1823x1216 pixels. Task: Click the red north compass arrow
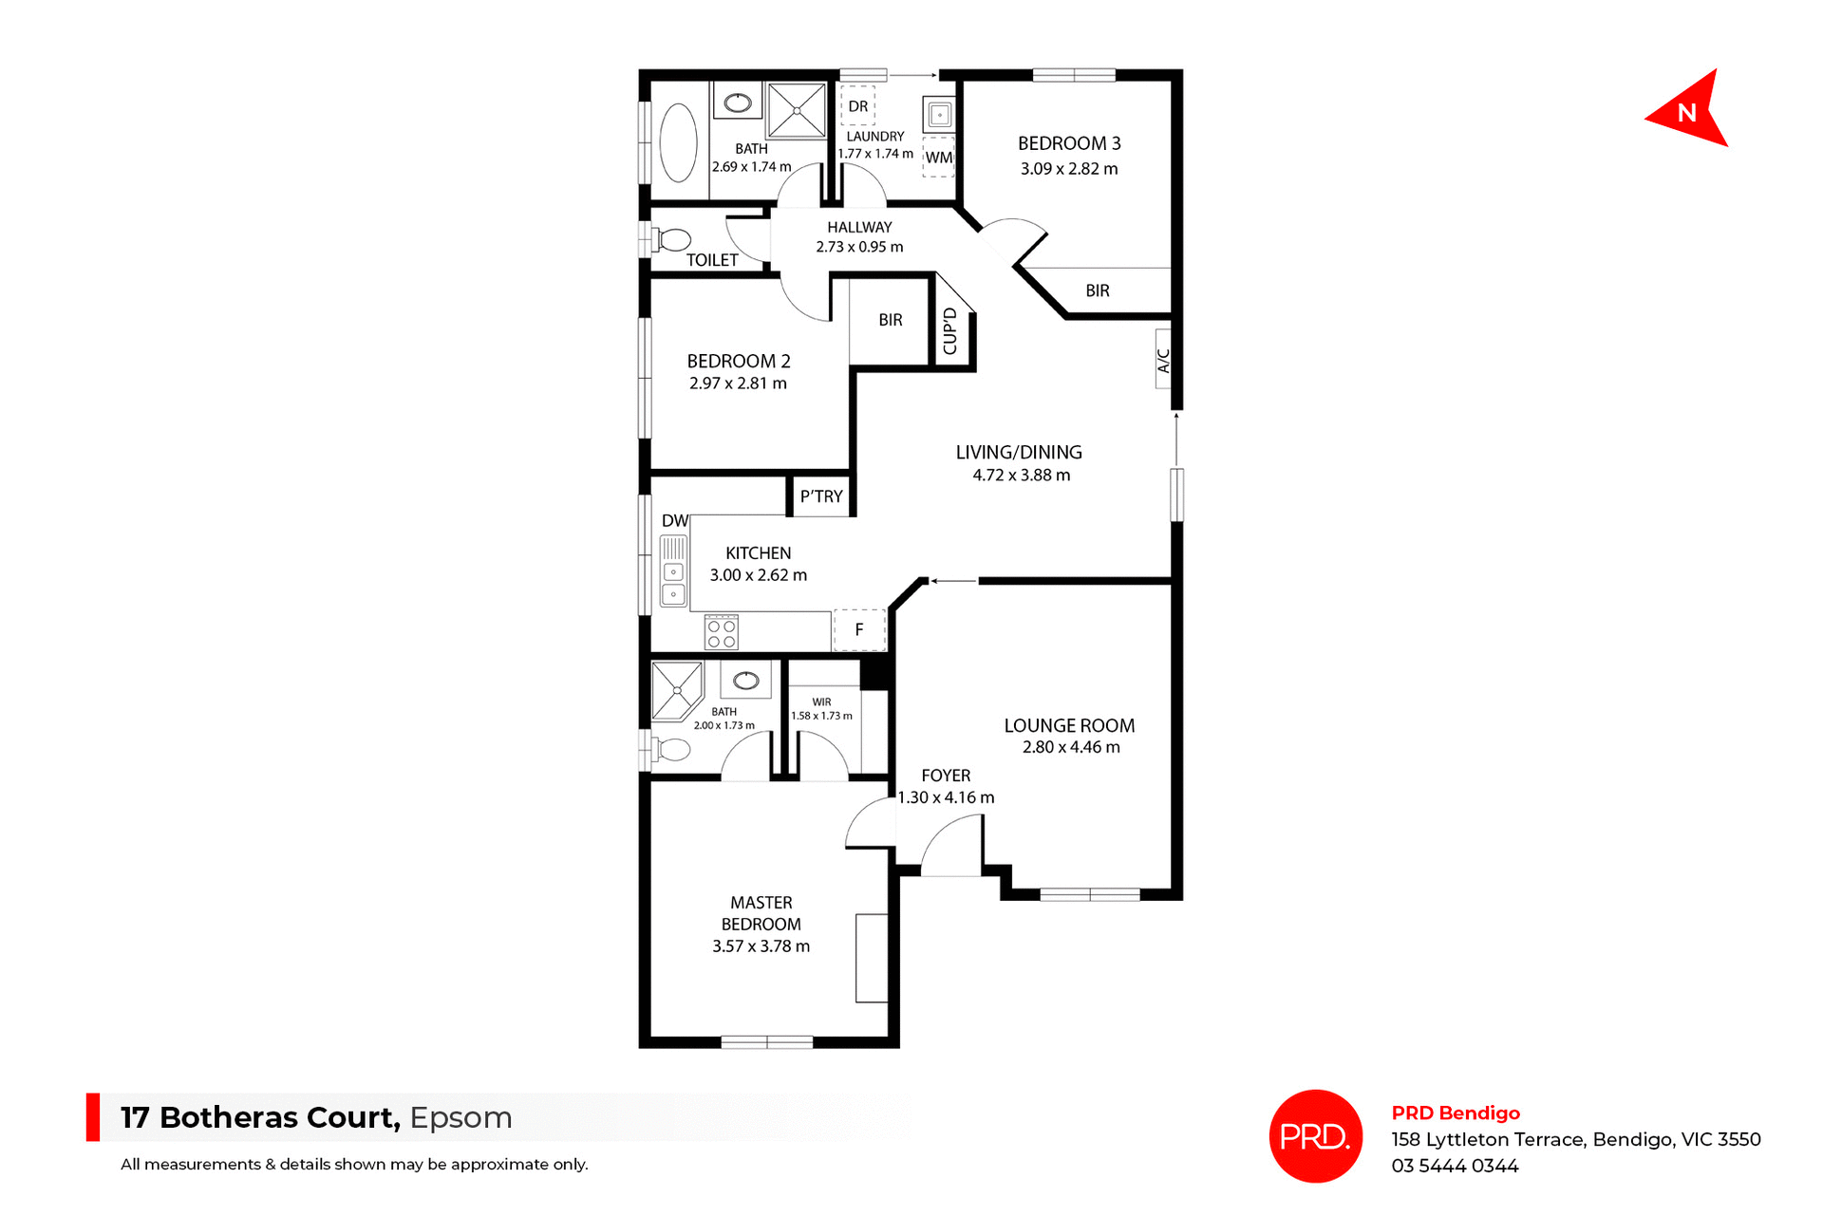pos(1689,112)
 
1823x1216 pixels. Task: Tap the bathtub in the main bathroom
pos(678,142)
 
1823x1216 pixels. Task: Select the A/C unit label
pos(1163,359)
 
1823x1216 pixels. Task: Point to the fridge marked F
pos(859,629)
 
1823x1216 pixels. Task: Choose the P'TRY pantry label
pos(821,496)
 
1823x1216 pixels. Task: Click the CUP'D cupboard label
pos(950,331)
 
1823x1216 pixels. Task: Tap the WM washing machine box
pos(938,158)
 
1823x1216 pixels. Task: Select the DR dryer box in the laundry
pos(858,106)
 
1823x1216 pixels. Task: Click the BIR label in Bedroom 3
pos(1098,290)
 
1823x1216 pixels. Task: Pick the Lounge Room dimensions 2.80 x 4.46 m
pos(1071,747)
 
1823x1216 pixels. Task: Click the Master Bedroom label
pos(761,913)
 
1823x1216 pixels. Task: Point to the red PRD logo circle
pos(1315,1135)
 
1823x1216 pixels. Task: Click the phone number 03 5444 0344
pos(1455,1166)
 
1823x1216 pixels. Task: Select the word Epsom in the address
pos(460,1117)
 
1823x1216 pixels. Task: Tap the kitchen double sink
pos(673,583)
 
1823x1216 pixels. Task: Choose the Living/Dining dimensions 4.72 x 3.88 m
pos(1021,476)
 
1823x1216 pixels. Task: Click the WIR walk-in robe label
pos(821,702)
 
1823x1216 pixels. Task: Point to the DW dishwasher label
pos(674,520)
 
